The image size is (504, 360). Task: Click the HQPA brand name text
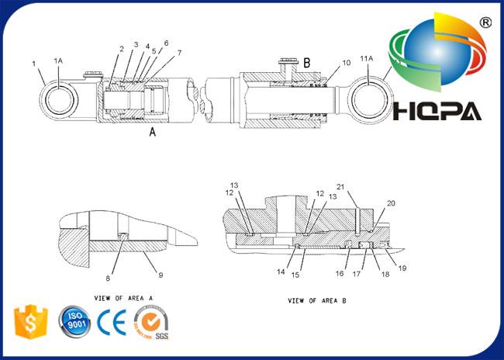point(437,111)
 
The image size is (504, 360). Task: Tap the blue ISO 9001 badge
point(74,321)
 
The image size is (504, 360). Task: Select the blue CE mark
point(112,322)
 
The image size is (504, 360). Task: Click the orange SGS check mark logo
point(151,322)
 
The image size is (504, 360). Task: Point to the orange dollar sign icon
point(31,321)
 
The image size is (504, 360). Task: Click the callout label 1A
point(58,61)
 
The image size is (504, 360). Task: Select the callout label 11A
point(367,58)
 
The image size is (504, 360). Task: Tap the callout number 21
point(340,187)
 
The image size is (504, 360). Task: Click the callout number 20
point(391,203)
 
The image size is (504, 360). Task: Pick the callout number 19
point(402,268)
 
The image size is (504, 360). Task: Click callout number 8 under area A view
point(108,278)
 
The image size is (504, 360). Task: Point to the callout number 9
point(161,275)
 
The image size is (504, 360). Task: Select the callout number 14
point(281,272)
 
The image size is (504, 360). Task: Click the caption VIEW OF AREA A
point(123,298)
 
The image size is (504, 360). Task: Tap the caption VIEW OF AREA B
point(317,301)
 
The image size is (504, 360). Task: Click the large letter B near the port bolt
point(307,63)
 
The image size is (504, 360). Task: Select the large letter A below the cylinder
point(153,132)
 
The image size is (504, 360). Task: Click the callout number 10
point(346,63)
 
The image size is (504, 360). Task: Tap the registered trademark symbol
point(485,22)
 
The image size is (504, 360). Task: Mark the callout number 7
point(179,53)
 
